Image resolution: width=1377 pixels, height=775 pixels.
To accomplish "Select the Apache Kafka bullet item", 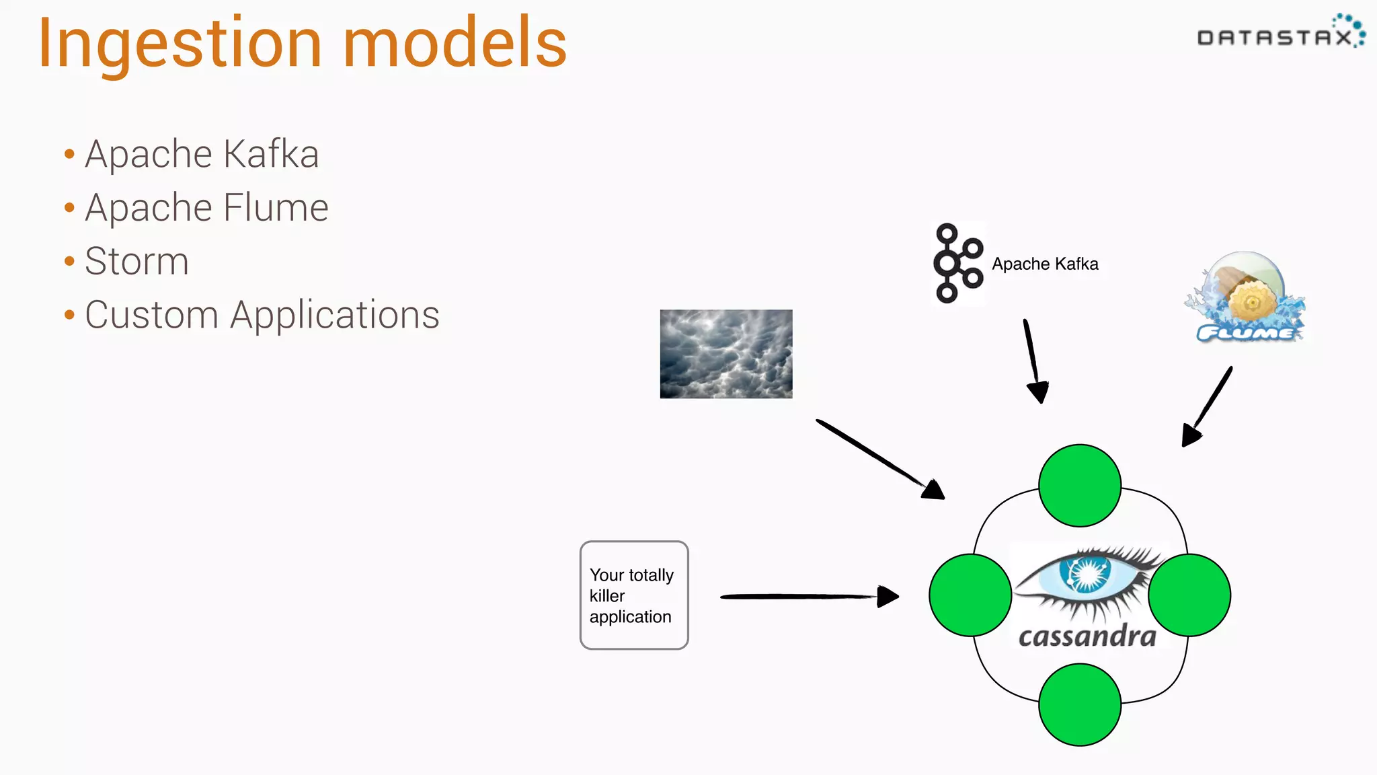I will [x=202, y=154].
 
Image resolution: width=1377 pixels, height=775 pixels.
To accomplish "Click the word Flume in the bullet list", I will [x=276, y=207].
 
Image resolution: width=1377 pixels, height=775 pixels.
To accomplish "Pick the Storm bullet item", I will [x=136, y=261].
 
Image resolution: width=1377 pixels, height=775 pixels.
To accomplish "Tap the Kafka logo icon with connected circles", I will [x=957, y=264].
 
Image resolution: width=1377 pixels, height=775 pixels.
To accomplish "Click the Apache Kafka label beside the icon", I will [x=1045, y=264].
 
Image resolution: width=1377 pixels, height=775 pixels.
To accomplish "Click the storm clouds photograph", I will [x=726, y=354].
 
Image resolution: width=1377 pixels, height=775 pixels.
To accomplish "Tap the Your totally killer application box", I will [x=634, y=595].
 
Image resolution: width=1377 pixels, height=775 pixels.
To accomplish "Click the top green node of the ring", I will [x=1080, y=485].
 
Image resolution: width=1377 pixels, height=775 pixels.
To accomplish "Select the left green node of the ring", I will [x=970, y=595].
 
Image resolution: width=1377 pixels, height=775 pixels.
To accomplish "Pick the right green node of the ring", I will [x=1189, y=595].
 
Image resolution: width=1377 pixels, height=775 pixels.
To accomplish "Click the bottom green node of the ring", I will [x=1080, y=704].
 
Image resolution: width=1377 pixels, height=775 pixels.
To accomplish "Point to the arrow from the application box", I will [x=807, y=596].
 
